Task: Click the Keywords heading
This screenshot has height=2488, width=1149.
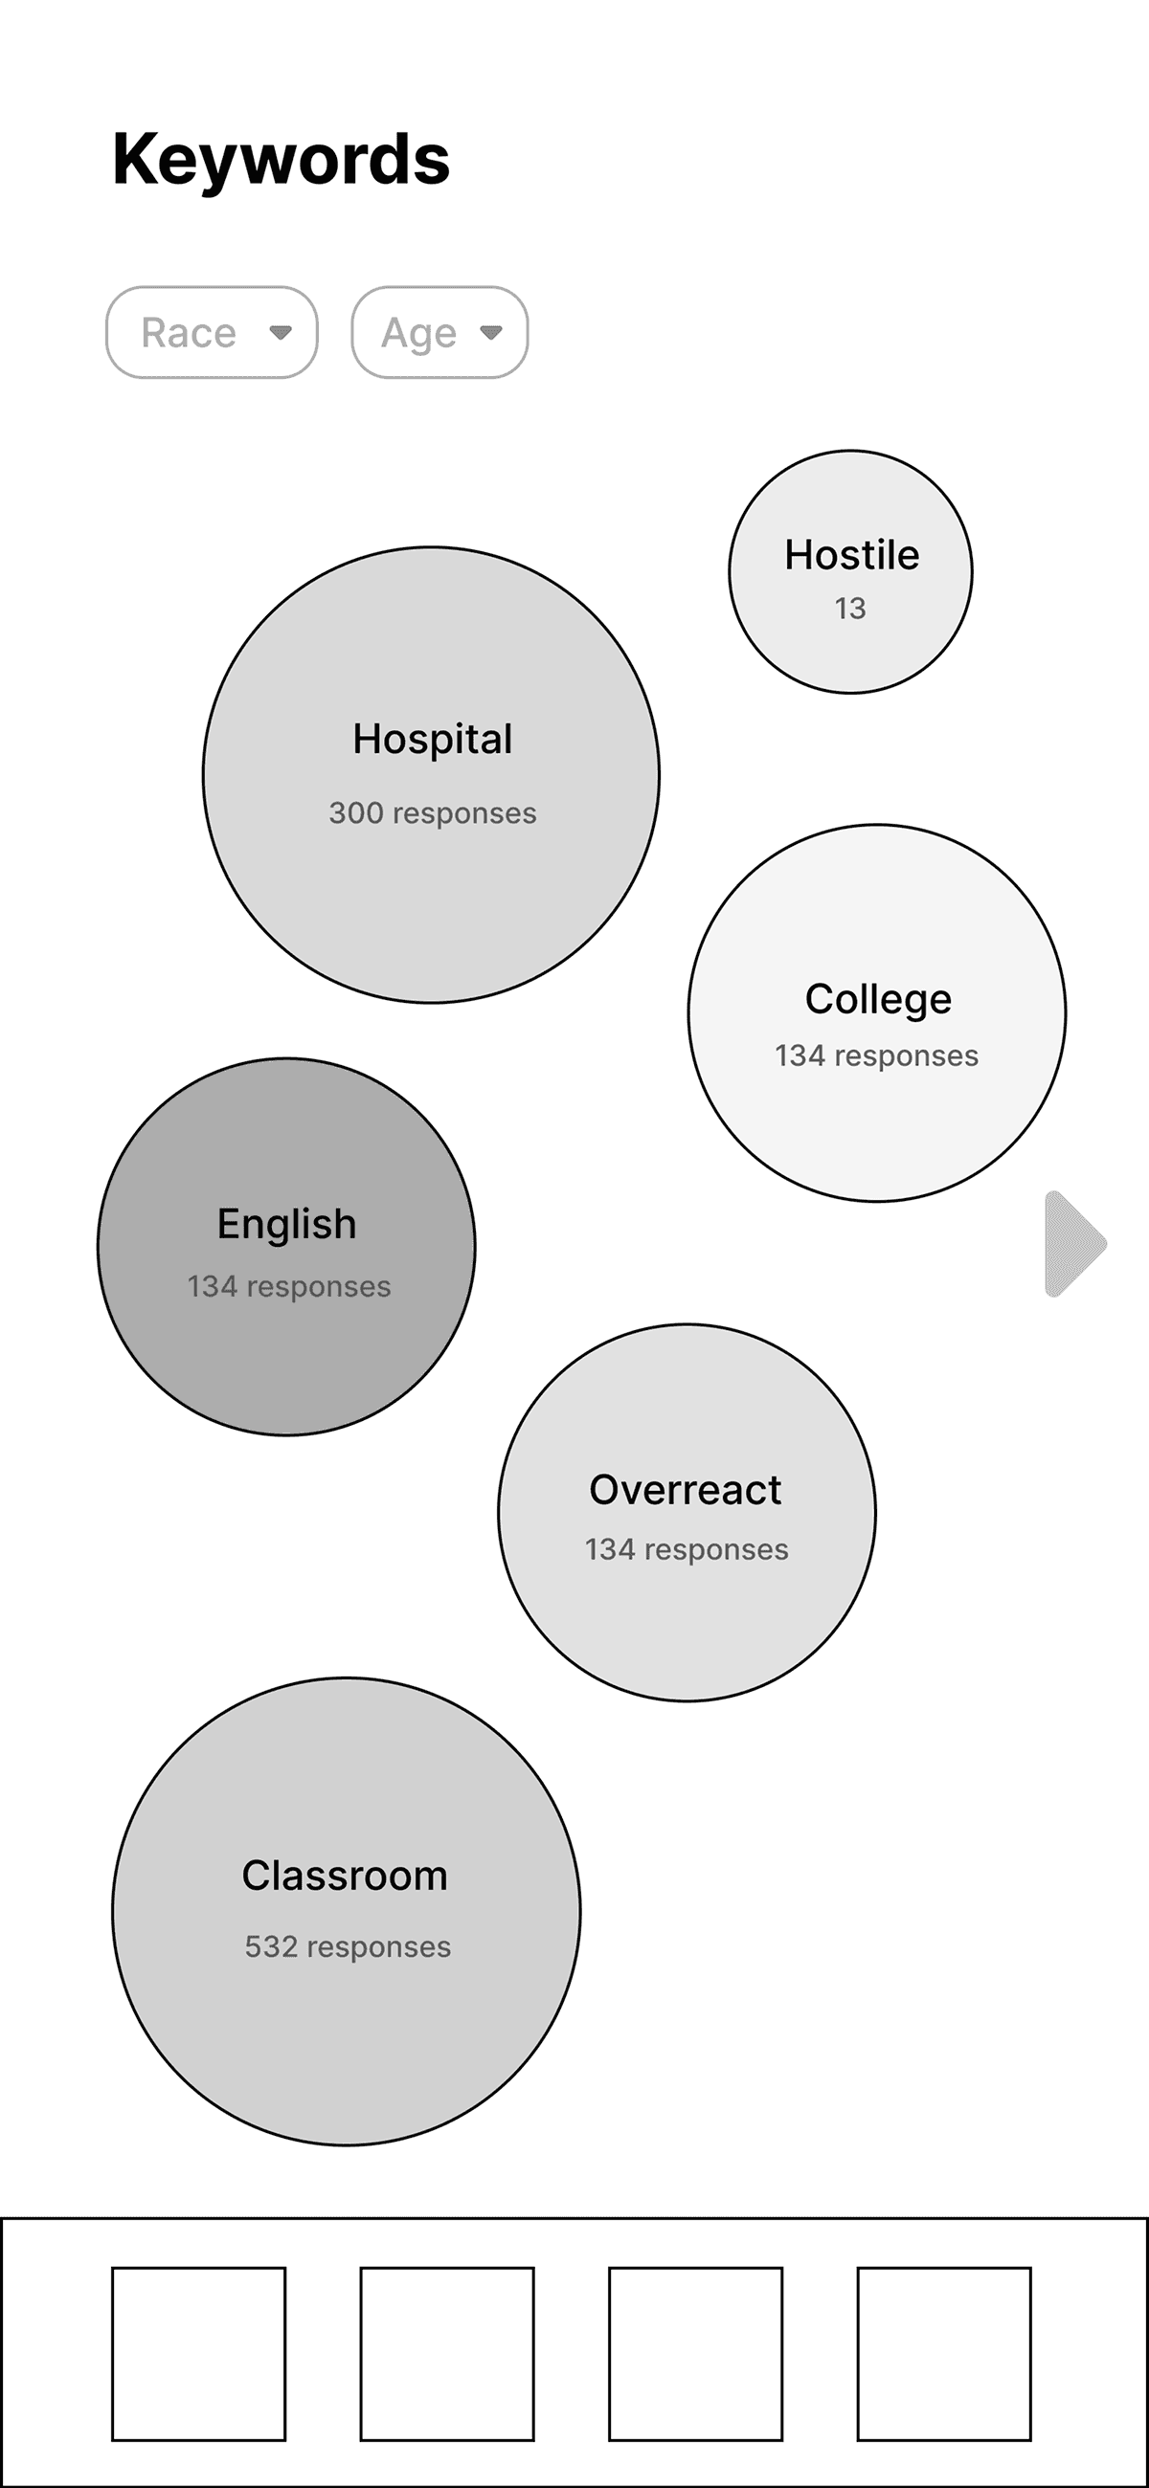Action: [282, 160]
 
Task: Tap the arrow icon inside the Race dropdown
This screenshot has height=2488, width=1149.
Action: [281, 332]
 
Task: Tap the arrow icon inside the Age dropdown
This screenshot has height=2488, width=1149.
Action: [491, 332]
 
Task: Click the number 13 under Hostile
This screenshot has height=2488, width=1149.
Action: [850, 609]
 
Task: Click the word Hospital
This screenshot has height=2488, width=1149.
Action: [432, 740]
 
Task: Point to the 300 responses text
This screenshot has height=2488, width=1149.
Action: [432, 813]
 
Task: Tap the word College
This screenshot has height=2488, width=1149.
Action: [877, 999]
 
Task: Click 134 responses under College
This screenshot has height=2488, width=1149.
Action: [876, 1055]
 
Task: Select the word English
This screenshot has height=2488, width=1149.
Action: [287, 1224]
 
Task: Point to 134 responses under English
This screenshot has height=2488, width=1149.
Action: [289, 1286]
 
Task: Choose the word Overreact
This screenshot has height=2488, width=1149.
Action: [686, 1489]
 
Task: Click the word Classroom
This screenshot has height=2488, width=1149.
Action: [345, 1876]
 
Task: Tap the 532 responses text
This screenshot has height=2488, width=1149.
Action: [348, 1946]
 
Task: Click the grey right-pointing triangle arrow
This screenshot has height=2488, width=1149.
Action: [1073, 1244]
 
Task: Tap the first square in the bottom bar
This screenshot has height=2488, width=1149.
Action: [199, 2354]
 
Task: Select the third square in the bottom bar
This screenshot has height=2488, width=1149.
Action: [696, 2354]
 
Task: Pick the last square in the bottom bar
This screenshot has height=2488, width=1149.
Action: [944, 2354]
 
